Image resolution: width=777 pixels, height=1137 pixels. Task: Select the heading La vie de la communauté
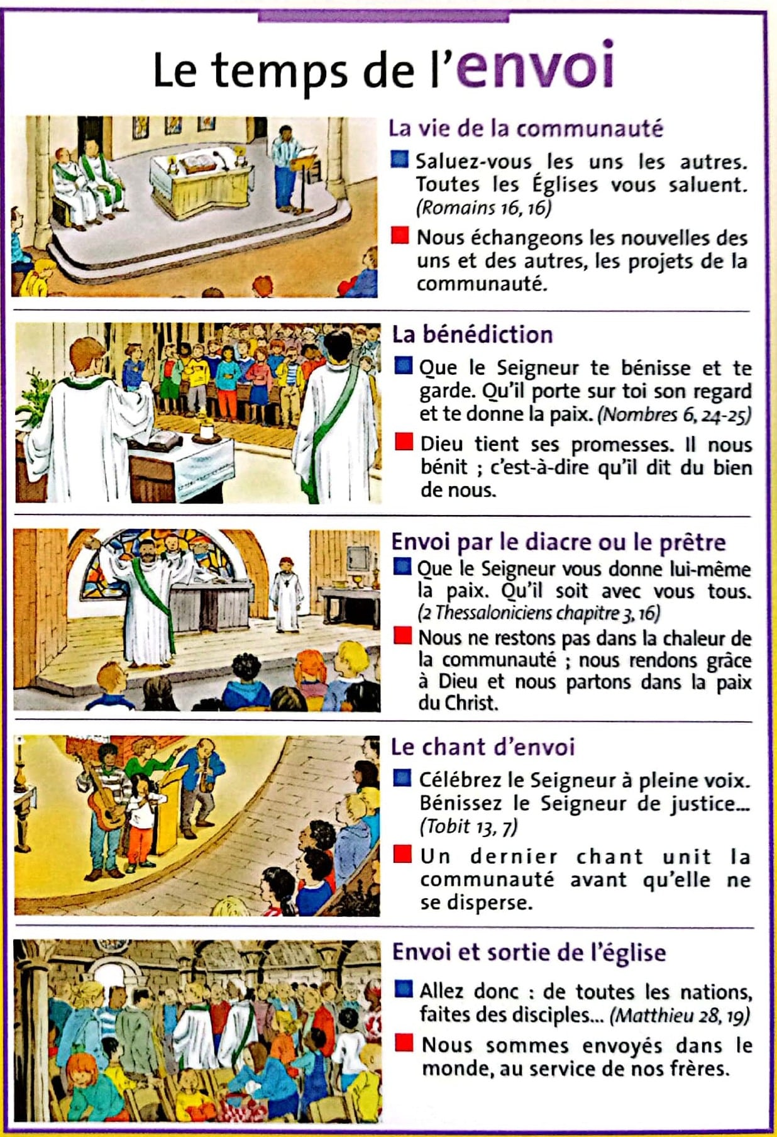[526, 128]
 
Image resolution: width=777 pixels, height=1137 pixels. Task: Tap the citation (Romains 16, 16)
[483, 208]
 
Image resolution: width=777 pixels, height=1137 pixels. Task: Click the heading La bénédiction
[472, 335]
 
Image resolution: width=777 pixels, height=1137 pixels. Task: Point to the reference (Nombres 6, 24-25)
[674, 414]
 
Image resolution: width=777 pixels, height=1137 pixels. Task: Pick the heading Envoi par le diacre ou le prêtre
[558, 542]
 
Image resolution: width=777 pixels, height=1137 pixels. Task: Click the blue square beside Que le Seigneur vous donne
[402, 567]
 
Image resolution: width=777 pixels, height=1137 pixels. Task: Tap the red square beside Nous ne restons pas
[402, 636]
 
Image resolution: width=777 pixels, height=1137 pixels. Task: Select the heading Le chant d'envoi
[483, 747]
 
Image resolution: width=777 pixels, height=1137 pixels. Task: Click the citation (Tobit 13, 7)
[468, 826]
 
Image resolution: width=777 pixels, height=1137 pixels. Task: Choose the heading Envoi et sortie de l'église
[529, 952]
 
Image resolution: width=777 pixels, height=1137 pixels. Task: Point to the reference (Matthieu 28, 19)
[680, 1015]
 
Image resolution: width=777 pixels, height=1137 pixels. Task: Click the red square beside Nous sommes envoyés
[404, 1044]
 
